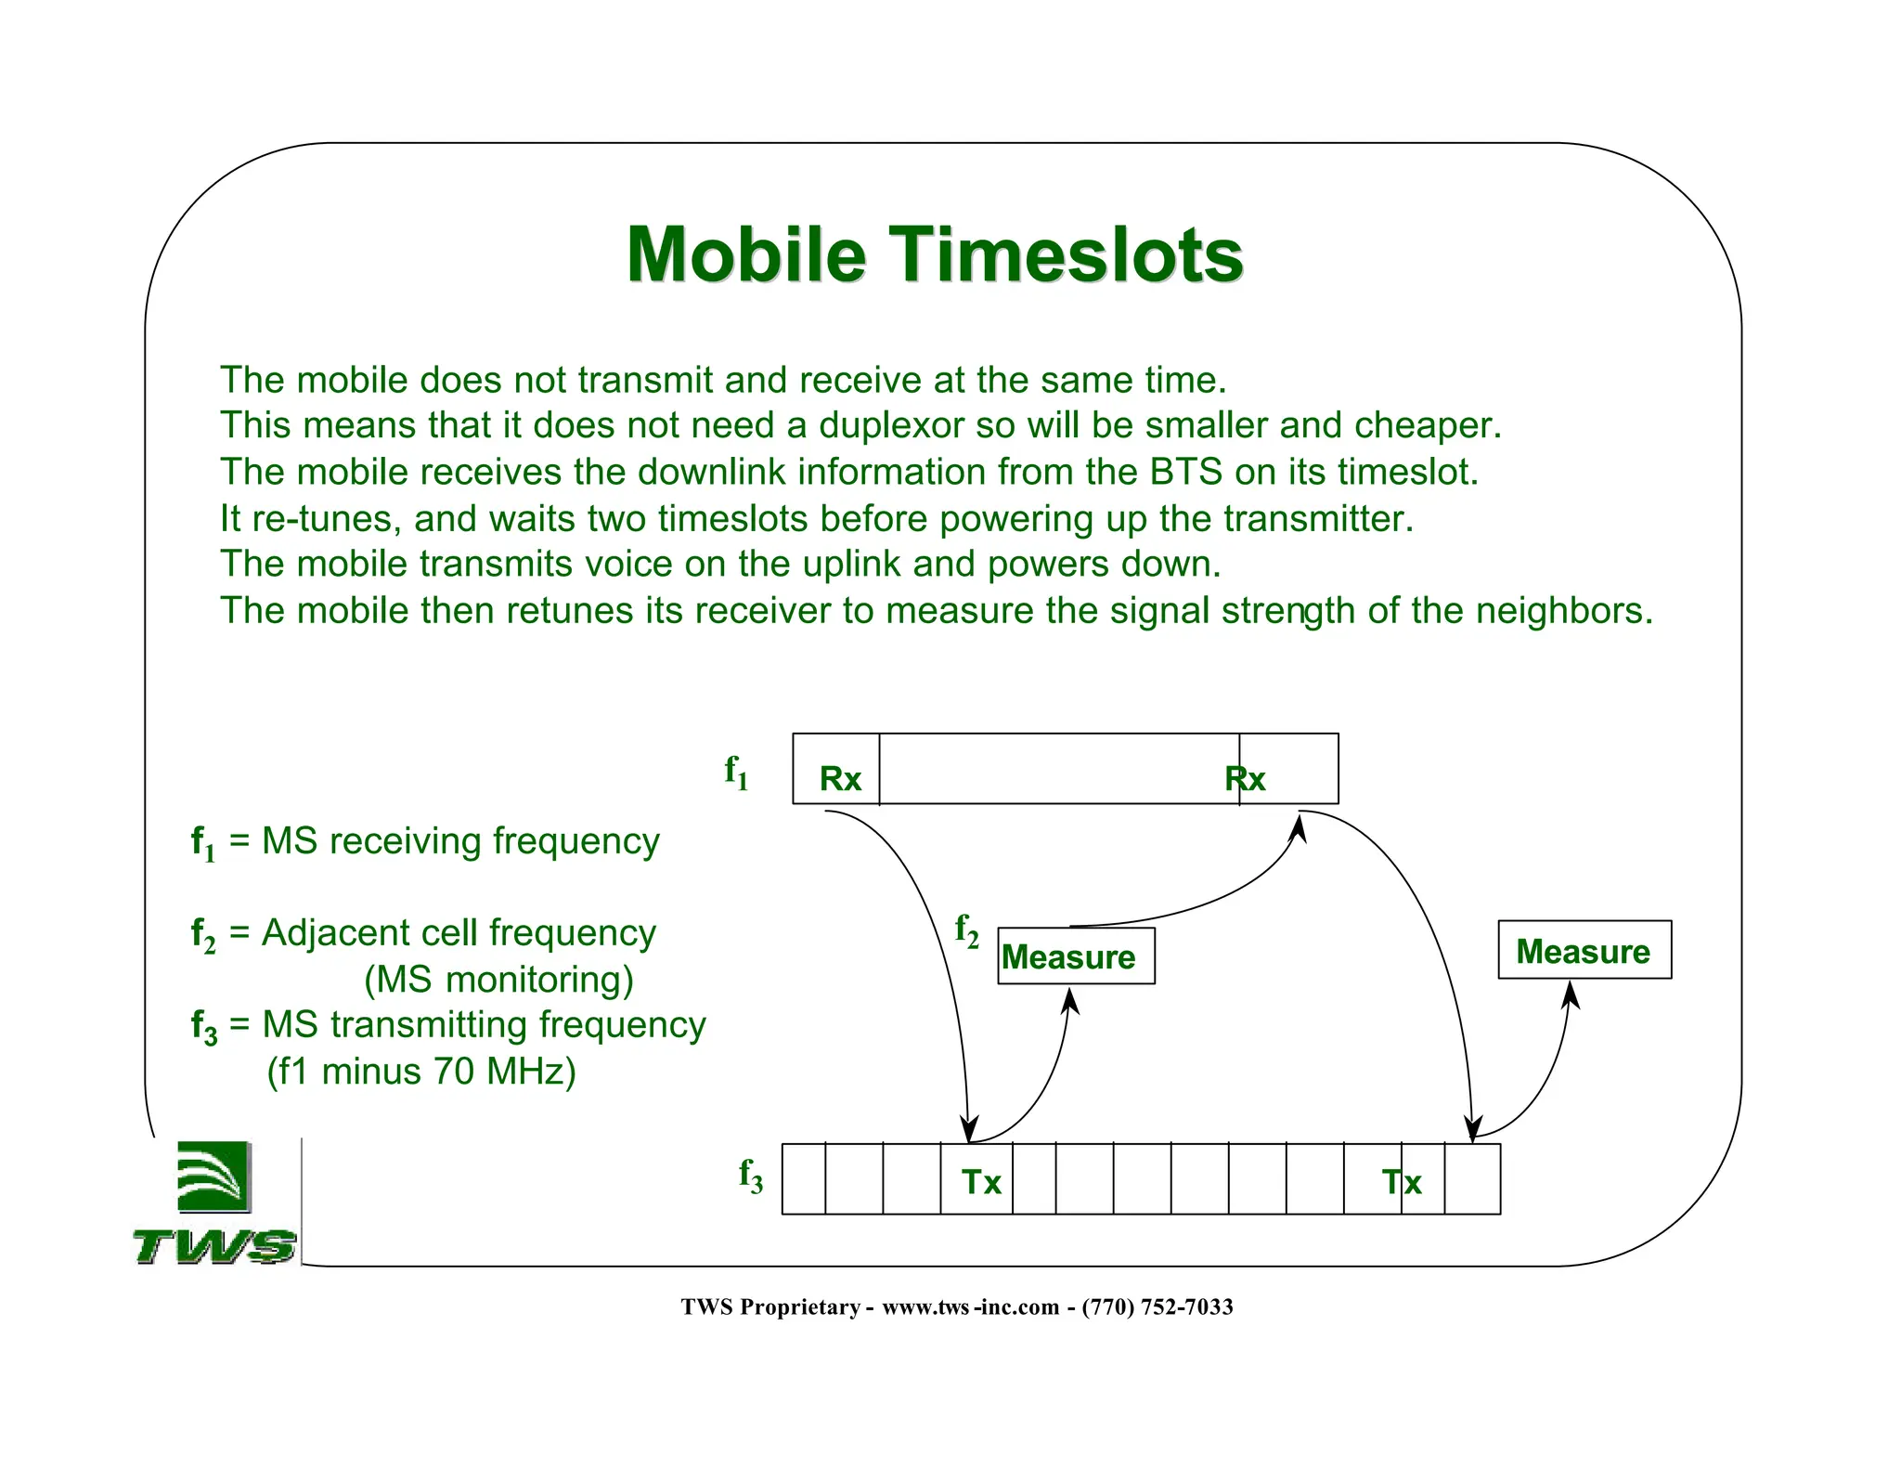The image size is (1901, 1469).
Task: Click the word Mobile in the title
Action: pos(746,254)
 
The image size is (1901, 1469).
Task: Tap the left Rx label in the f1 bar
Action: pos(840,779)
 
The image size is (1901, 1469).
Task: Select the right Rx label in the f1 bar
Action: pos(1245,779)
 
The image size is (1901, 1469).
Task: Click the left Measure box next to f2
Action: pos(1075,956)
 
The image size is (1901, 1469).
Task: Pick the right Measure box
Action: pos(1584,951)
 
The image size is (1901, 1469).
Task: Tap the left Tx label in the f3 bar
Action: pos(981,1182)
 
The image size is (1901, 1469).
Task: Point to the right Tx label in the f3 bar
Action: pos(1402,1182)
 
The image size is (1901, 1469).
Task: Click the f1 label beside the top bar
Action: pos(736,773)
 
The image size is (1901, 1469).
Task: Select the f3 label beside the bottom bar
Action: pos(750,1176)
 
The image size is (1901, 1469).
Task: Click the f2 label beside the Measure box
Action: pos(966,930)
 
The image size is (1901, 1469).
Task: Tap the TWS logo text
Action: pos(214,1246)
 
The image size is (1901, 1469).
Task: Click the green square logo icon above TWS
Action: pos(213,1176)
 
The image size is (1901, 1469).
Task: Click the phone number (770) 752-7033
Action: pos(1157,1307)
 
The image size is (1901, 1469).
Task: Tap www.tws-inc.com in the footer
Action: pos(970,1307)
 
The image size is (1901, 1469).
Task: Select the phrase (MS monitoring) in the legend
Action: pos(498,980)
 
